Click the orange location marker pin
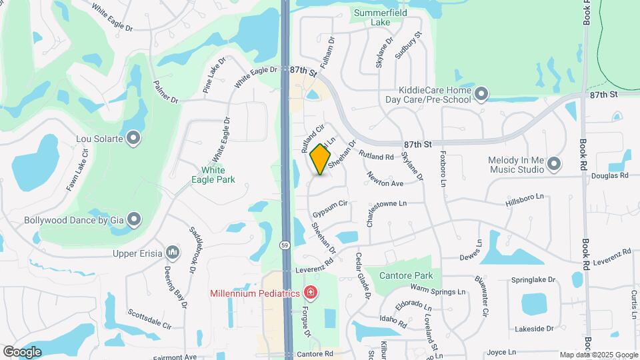321,160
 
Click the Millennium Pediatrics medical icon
309,292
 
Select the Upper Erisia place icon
173,252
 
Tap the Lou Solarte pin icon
134,138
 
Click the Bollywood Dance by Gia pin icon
134,219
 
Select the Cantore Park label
406,275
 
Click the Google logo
22,351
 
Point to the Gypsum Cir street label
330,208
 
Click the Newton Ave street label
385,179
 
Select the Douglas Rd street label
609,175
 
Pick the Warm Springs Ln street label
437,291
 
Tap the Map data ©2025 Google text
598,355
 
